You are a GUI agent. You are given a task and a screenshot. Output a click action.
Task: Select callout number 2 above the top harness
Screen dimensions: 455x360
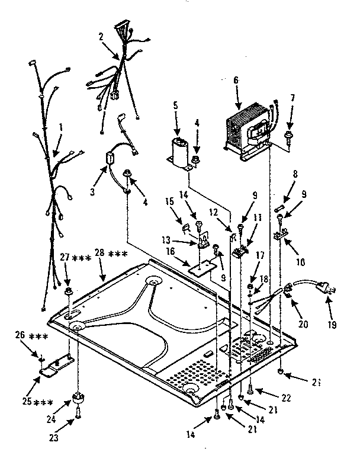pyautogui.click(x=101, y=37)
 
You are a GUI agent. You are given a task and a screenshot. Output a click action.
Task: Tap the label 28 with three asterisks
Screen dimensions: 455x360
pyautogui.click(x=110, y=254)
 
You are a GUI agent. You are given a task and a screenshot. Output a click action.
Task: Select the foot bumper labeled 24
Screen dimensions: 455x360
pyautogui.click(x=78, y=398)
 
